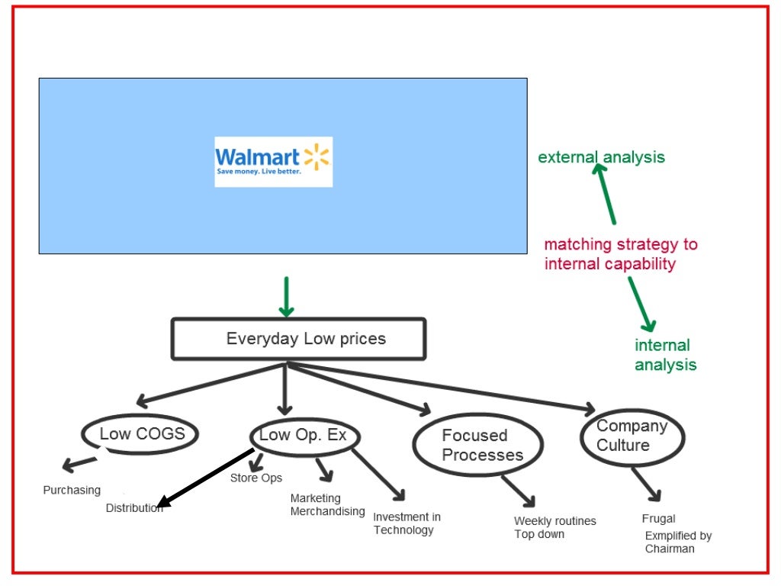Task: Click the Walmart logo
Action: pyautogui.click(x=273, y=161)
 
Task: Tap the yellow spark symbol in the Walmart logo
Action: pyautogui.click(x=316, y=157)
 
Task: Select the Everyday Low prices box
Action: pyautogui.click(x=298, y=339)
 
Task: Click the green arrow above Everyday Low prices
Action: pyautogui.click(x=286, y=298)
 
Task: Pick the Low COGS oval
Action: pyautogui.click(x=140, y=434)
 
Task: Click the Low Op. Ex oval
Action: pyautogui.click(x=304, y=436)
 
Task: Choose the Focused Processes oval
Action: pyautogui.click(x=478, y=446)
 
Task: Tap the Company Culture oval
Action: pyautogui.click(x=632, y=436)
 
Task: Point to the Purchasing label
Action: pyautogui.click(x=72, y=491)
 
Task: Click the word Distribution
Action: pyautogui.click(x=134, y=508)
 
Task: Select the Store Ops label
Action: pyautogui.click(x=256, y=478)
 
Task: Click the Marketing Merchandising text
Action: pyautogui.click(x=326, y=505)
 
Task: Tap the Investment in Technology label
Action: pyautogui.click(x=407, y=523)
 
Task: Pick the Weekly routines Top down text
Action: pyautogui.click(x=554, y=527)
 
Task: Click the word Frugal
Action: pyautogui.click(x=658, y=519)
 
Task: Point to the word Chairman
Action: pyautogui.click(x=670, y=549)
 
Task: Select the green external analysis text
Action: pyautogui.click(x=601, y=158)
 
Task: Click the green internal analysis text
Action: pyautogui.click(x=665, y=355)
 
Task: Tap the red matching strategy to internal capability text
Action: pyautogui.click(x=620, y=255)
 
